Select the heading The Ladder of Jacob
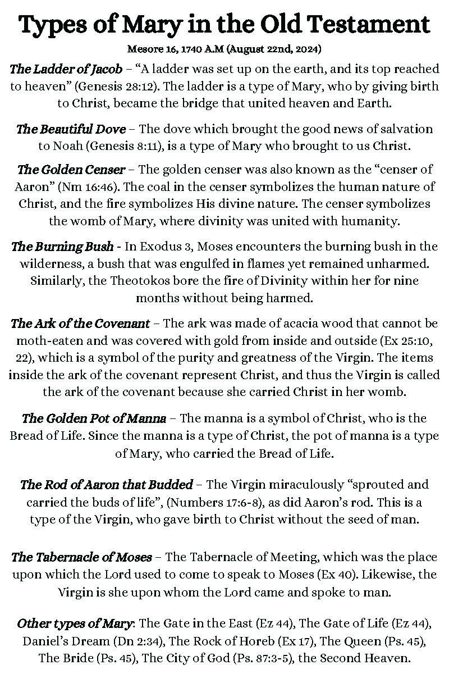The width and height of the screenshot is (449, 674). click(66, 70)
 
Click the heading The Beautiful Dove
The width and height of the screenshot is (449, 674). click(71, 129)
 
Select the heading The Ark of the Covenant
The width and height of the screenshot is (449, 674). click(80, 324)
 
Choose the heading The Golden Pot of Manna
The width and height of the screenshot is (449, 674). click(94, 418)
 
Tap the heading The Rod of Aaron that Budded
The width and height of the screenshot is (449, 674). click(106, 484)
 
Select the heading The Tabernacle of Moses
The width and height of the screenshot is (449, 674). click(81, 557)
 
